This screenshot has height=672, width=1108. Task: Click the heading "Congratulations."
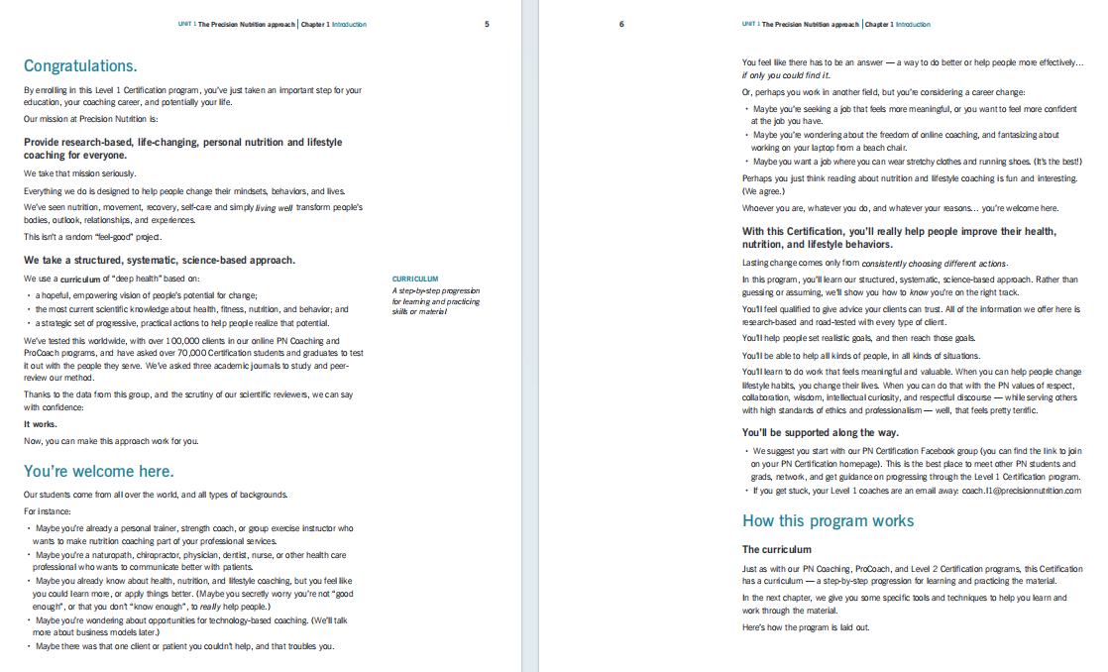coord(80,66)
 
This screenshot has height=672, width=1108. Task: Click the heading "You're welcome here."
coord(98,471)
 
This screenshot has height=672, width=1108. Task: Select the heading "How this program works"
coord(828,520)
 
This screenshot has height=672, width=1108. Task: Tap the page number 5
coord(487,24)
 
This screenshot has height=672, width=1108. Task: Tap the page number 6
coord(621,24)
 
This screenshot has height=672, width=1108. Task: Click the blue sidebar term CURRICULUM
coord(415,280)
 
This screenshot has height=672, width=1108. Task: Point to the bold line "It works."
coord(40,424)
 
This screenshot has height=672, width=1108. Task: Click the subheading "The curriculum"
coord(776,549)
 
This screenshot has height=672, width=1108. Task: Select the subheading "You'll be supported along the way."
coord(821,432)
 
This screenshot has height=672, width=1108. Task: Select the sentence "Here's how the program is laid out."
coord(792,627)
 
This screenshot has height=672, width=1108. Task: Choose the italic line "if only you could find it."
coord(786,75)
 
